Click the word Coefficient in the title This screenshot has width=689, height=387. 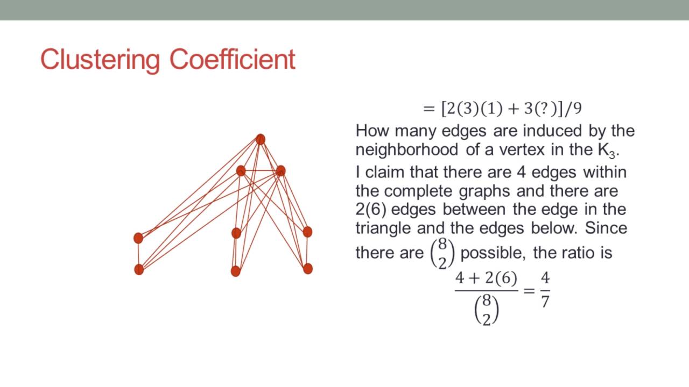click(x=233, y=60)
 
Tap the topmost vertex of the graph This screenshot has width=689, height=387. click(x=261, y=139)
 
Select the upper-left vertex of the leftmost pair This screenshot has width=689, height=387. click(x=138, y=238)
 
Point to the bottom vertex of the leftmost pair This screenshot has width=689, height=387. click(x=139, y=269)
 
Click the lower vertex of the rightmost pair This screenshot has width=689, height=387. click(x=308, y=268)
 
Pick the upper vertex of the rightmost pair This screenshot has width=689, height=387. click(x=307, y=232)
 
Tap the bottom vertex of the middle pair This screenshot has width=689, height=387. click(x=235, y=271)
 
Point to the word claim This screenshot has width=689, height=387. click(x=386, y=172)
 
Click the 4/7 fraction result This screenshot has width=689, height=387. click(x=545, y=290)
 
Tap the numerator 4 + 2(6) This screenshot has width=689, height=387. click(x=486, y=278)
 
